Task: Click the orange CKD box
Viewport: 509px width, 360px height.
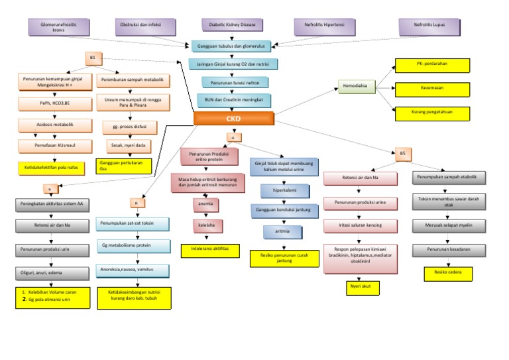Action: pyautogui.click(x=234, y=119)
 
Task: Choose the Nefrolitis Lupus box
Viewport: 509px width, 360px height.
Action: pyautogui.click(x=430, y=27)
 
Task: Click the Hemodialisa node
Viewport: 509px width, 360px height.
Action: pyautogui.click(x=357, y=86)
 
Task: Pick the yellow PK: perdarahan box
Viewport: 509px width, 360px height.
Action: pyautogui.click(x=432, y=65)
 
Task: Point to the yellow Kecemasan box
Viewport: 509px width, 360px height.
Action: pyautogui.click(x=432, y=88)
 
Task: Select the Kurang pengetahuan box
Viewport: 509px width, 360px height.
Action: pyautogui.click(x=432, y=113)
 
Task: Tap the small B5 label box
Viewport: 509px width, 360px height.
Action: pyautogui.click(x=403, y=153)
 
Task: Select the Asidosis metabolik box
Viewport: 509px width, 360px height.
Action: pyautogui.click(x=55, y=125)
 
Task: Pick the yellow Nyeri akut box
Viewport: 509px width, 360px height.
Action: pyautogui.click(x=359, y=287)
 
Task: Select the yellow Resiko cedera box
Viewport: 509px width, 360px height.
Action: pyautogui.click(x=448, y=273)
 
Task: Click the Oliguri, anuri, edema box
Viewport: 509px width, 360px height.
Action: pyautogui.click(x=51, y=272)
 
